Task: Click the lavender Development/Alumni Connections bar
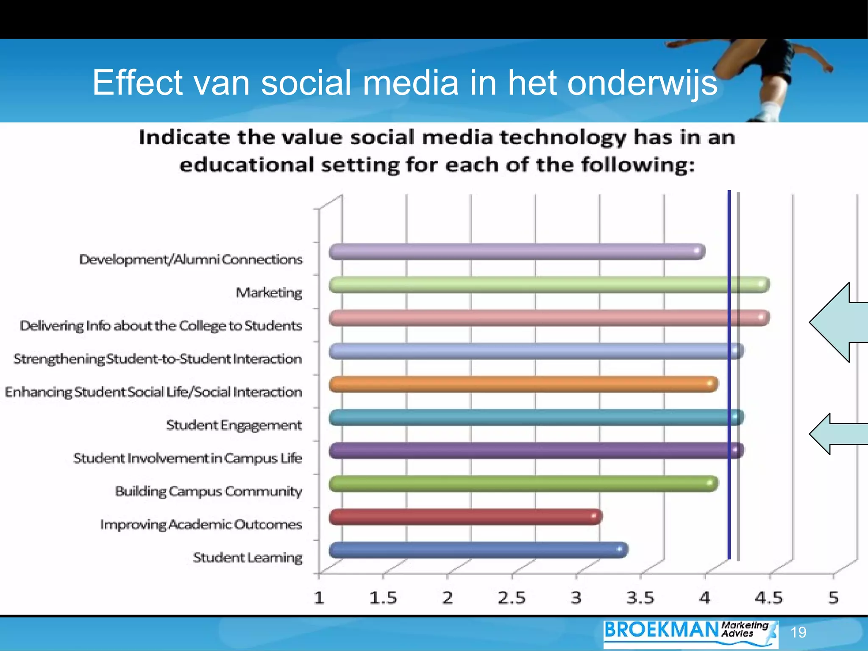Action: pyautogui.click(x=517, y=252)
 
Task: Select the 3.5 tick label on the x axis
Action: pyautogui.click(x=640, y=598)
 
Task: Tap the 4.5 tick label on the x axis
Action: pyautogui.click(x=769, y=598)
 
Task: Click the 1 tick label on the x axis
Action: pyautogui.click(x=319, y=598)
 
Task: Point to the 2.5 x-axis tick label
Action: pyautogui.click(x=512, y=598)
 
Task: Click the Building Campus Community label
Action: pyautogui.click(x=209, y=491)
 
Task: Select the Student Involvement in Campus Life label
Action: pyautogui.click(x=188, y=458)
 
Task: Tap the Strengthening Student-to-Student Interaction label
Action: pyautogui.click(x=158, y=359)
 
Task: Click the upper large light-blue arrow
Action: pyautogui.click(x=837, y=322)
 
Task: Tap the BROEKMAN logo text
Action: pyautogui.click(x=661, y=630)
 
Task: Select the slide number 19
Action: pyautogui.click(x=798, y=632)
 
